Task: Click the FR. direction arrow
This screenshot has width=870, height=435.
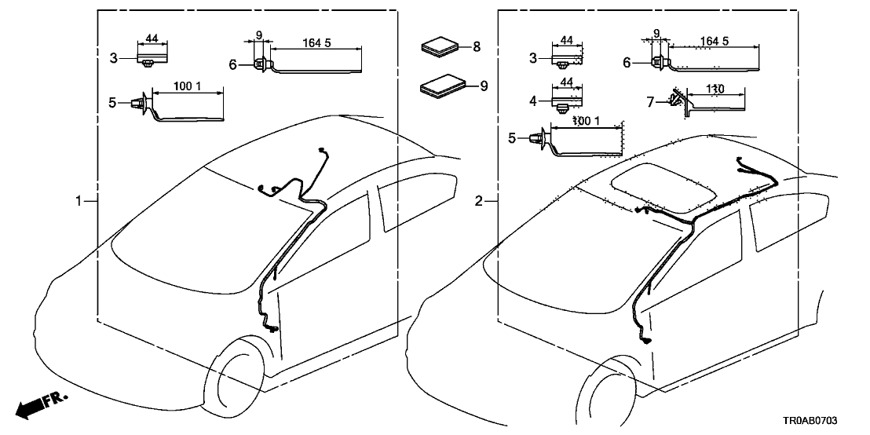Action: click(41, 406)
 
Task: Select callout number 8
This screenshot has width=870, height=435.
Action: click(477, 47)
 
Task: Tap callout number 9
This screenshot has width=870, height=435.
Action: click(484, 86)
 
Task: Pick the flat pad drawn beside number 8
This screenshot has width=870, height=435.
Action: click(441, 46)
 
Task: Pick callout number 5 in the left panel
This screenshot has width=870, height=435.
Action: click(112, 102)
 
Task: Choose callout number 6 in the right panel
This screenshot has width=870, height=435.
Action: click(627, 62)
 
